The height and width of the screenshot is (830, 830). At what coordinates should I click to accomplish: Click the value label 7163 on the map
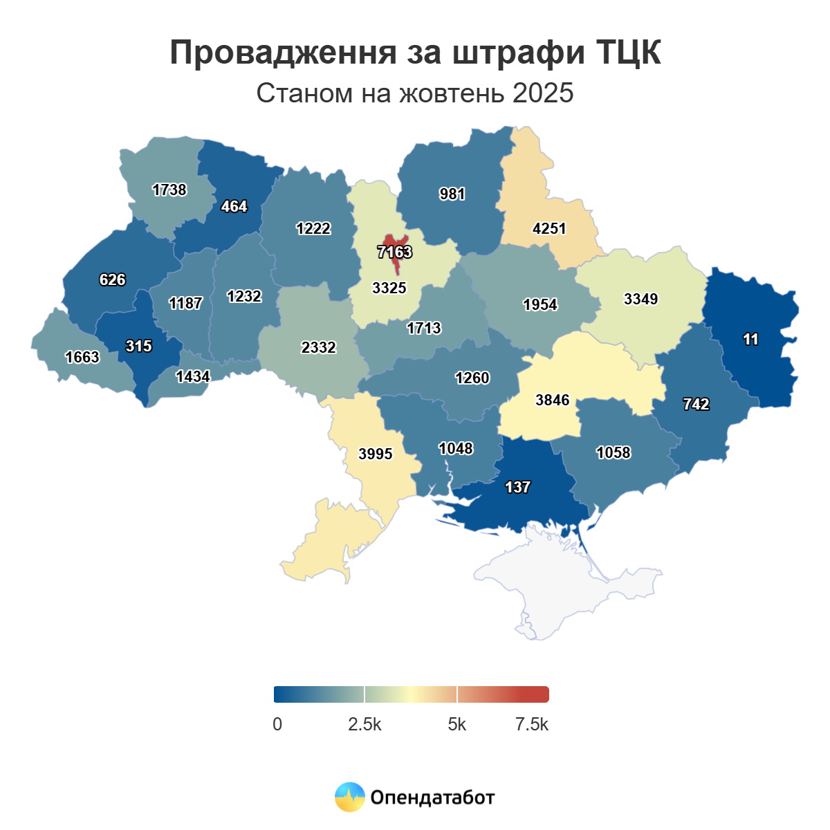tap(394, 252)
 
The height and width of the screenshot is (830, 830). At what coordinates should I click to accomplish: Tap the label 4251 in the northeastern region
tap(549, 228)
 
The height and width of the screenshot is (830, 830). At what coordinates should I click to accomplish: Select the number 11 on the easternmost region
tap(750, 339)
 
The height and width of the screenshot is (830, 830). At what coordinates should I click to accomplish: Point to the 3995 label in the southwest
tap(375, 454)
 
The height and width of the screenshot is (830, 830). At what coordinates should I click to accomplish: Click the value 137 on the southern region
tap(517, 487)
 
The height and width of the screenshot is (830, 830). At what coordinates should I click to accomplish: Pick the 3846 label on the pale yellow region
tap(552, 400)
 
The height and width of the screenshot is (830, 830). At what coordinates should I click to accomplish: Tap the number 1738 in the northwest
tap(169, 190)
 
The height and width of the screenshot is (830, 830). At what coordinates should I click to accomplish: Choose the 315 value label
tap(138, 346)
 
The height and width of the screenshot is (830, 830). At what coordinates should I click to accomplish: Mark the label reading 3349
tap(640, 299)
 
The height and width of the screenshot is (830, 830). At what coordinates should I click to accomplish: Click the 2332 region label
tap(318, 347)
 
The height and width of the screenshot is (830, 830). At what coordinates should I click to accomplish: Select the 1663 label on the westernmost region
tap(82, 357)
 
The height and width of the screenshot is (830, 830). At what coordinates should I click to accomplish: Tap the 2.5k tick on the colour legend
tap(365, 724)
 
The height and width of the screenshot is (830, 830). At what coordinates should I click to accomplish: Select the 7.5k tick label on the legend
tap(531, 724)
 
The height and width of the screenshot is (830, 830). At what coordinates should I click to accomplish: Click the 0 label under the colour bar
tap(277, 724)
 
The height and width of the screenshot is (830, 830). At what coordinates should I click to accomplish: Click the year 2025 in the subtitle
tap(543, 93)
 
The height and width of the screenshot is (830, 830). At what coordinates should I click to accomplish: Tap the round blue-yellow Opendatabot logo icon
tap(349, 797)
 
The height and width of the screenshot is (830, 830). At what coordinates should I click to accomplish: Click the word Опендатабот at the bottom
tap(432, 797)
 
